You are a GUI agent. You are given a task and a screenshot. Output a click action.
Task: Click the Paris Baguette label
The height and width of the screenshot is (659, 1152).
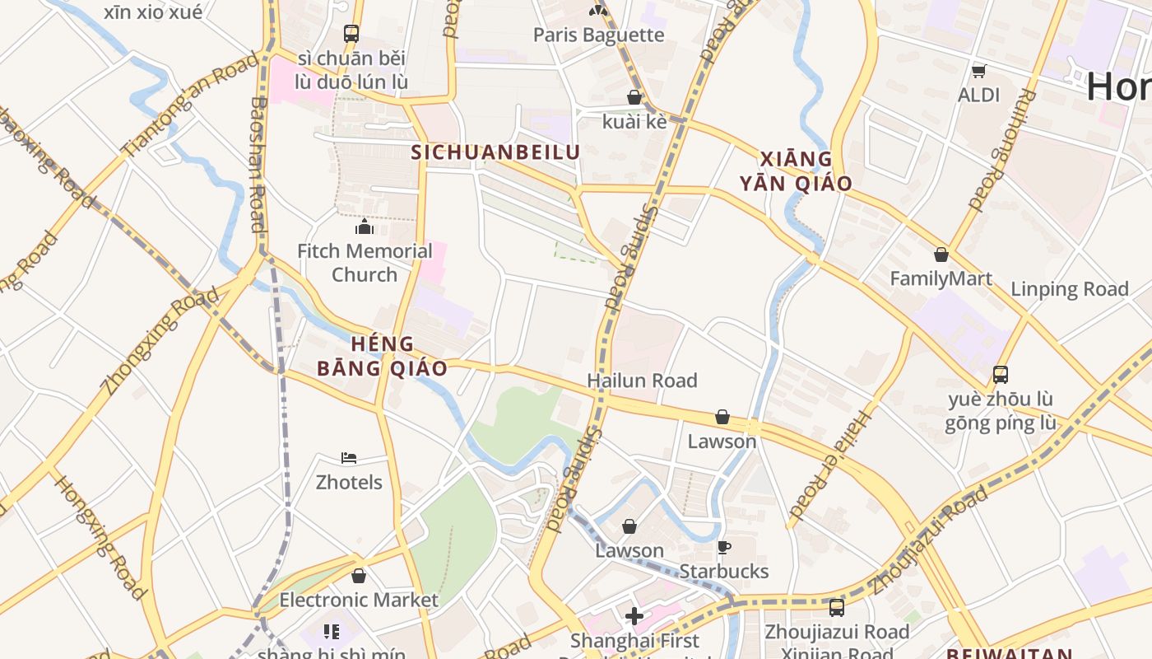point(598,35)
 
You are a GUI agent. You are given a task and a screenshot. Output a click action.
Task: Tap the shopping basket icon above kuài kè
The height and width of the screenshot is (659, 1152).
point(634,97)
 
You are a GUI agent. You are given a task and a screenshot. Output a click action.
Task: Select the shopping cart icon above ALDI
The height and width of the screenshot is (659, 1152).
point(978,71)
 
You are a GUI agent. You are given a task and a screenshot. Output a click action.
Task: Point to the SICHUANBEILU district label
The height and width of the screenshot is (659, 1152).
point(495,152)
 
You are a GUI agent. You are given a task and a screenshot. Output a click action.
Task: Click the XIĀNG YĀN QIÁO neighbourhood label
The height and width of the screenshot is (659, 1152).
point(795,171)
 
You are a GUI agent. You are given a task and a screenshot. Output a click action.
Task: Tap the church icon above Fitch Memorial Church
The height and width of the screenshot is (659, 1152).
point(365,227)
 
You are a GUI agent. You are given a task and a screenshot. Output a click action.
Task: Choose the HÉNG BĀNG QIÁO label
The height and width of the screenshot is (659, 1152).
point(383,356)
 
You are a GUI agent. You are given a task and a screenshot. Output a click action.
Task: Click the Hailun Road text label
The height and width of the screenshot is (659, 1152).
point(642,381)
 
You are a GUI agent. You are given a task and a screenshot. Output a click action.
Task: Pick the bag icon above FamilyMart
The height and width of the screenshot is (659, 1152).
point(941,255)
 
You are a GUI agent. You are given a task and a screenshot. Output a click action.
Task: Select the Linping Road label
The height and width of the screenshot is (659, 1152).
point(1069,289)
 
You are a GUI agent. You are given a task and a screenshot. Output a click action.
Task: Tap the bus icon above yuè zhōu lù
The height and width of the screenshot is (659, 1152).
point(1001,375)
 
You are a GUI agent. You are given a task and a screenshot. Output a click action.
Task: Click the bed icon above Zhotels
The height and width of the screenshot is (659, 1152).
point(349,458)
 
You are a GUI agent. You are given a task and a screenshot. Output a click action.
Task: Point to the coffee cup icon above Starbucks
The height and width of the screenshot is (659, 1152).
point(724,547)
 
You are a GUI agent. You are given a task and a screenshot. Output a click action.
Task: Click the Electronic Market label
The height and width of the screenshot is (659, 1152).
point(359,600)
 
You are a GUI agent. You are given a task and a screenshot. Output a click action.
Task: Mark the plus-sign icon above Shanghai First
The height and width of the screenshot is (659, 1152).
point(634,615)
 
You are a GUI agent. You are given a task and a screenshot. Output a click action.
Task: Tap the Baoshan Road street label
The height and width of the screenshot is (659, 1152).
point(258,164)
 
